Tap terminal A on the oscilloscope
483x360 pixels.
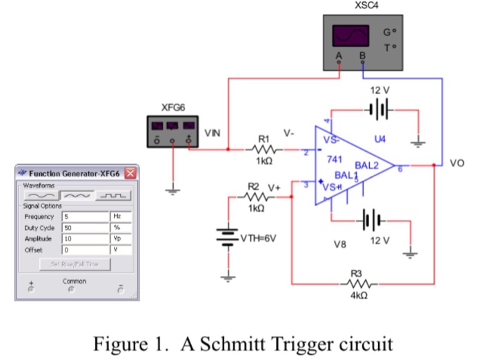pos(339,55)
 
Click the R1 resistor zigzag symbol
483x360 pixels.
pos(265,148)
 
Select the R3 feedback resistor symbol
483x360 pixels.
pos(359,283)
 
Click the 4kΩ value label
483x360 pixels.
pos(359,295)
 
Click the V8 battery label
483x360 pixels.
pos(339,245)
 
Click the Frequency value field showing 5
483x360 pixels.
pos(86,216)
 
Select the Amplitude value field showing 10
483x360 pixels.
pos(86,237)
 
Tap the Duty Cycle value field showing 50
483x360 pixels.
pos(86,227)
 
